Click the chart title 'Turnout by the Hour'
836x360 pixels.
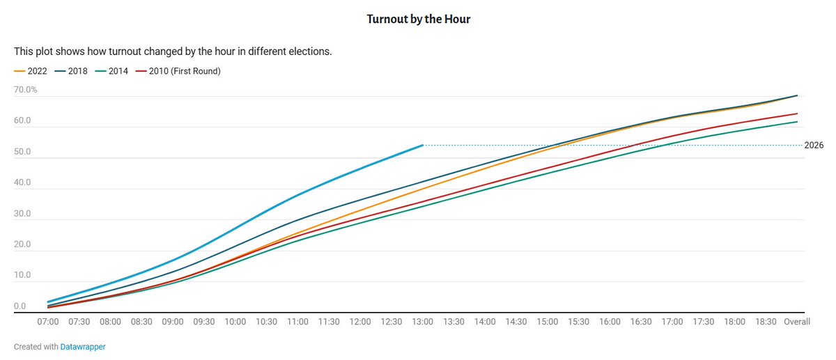418,19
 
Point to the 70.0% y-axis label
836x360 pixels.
26,90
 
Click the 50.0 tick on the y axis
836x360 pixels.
22,152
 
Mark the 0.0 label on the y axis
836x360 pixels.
20,306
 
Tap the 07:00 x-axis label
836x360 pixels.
48,322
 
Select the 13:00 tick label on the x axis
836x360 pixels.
423,322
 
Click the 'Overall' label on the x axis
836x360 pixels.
797,322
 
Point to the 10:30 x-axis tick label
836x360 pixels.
267,322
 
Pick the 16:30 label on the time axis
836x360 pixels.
641,322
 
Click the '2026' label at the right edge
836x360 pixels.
813,146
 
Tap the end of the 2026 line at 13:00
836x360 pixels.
423,146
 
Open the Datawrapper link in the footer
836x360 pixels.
84,346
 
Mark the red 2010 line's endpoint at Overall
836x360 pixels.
797,114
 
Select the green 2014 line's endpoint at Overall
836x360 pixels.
797,122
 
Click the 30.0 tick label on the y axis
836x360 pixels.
22,214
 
